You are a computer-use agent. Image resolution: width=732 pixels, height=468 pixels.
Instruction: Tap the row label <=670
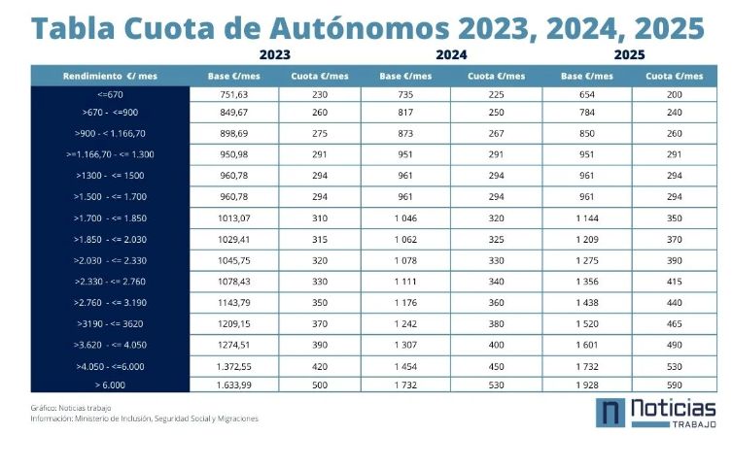(111, 94)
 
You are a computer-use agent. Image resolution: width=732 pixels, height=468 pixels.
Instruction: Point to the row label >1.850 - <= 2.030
(111, 238)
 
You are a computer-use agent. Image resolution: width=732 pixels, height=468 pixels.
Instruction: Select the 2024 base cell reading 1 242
(406, 322)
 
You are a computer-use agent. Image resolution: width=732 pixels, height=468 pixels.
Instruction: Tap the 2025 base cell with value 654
(586, 94)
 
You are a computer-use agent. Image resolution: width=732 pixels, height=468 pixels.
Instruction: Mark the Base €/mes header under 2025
(586, 75)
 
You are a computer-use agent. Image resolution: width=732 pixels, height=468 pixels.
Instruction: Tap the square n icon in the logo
(609, 413)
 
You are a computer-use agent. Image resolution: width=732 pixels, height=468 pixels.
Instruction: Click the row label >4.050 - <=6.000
(111, 365)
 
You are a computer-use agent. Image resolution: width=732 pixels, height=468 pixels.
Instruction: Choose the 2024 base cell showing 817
(406, 113)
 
